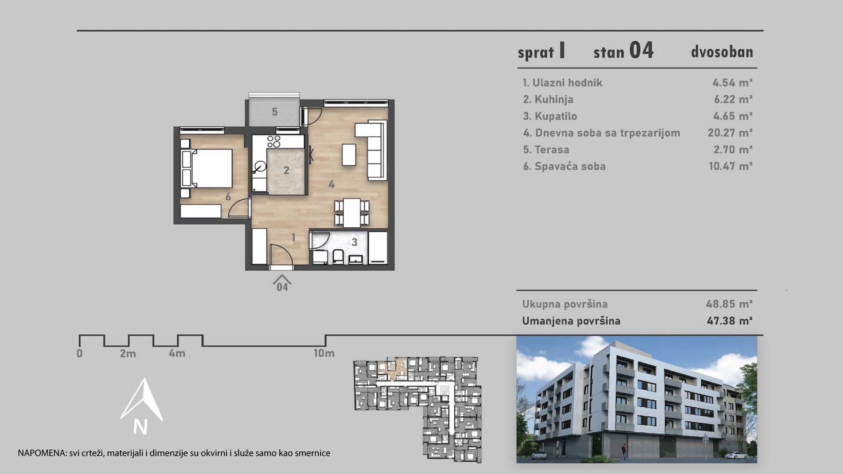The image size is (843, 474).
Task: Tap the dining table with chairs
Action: coord(352,213)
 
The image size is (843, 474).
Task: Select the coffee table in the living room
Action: coord(349,154)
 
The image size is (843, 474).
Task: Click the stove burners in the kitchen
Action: coord(274,141)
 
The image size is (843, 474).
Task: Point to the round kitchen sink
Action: coord(260,166)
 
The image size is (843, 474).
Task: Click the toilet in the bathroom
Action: coord(338,256)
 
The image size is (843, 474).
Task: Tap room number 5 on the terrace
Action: coord(274,112)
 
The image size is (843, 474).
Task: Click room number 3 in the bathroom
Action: coord(354,242)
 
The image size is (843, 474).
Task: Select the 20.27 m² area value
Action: coord(730,133)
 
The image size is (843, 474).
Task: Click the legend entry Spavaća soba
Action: coord(564,166)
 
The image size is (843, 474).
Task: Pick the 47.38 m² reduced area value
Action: coord(729,321)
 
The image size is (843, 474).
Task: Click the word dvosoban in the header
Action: coord(722,52)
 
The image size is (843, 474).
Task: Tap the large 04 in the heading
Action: coord(641,50)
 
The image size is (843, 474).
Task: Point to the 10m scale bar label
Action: coord(324,353)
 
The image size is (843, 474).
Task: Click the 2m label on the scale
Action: coord(128,353)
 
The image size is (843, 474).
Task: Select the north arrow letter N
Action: coord(140,427)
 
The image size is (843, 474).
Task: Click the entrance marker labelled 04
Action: coord(282,284)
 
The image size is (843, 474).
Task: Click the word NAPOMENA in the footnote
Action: coord(42,453)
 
